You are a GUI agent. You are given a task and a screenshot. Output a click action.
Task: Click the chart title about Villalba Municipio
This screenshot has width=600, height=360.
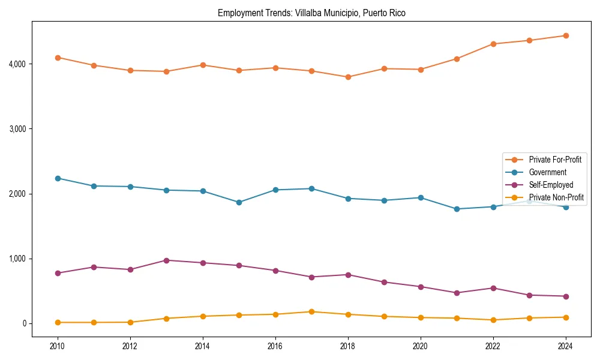(x=311, y=13)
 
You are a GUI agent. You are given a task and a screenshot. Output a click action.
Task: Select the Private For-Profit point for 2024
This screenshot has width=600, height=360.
(x=566, y=36)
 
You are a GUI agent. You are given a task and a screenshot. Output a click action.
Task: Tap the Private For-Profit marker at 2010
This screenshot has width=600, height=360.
(x=58, y=58)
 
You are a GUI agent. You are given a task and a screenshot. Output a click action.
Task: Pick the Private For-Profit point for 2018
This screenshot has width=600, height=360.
(x=348, y=77)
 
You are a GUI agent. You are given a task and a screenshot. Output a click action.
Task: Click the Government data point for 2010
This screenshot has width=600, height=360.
(x=58, y=178)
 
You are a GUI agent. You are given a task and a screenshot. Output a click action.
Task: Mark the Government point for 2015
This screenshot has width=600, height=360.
(x=239, y=202)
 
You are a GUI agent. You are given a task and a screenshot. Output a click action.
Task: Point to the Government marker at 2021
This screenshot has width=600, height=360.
(x=457, y=209)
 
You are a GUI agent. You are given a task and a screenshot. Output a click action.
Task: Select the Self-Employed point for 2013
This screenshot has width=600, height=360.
(x=166, y=260)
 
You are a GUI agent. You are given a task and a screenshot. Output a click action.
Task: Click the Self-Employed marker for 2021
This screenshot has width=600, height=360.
(x=457, y=293)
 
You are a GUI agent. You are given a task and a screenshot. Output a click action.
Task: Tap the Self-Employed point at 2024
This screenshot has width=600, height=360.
(x=566, y=296)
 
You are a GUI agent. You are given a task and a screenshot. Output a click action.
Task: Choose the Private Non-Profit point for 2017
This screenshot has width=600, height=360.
(x=311, y=312)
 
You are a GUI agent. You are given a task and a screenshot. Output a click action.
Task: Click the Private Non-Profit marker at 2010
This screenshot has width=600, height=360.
(x=58, y=322)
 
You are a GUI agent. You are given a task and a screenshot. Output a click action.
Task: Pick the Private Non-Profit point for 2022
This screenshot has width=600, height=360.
(x=493, y=320)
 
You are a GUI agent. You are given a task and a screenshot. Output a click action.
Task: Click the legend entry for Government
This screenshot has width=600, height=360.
(x=547, y=172)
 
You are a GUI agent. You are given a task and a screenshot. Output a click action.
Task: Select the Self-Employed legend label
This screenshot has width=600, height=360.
(x=551, y=185)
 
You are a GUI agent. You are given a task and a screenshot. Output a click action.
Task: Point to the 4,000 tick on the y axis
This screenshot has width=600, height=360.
(x=18, y=64)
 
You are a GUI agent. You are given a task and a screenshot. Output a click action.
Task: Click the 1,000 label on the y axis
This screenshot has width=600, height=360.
(x=18, y=259)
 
